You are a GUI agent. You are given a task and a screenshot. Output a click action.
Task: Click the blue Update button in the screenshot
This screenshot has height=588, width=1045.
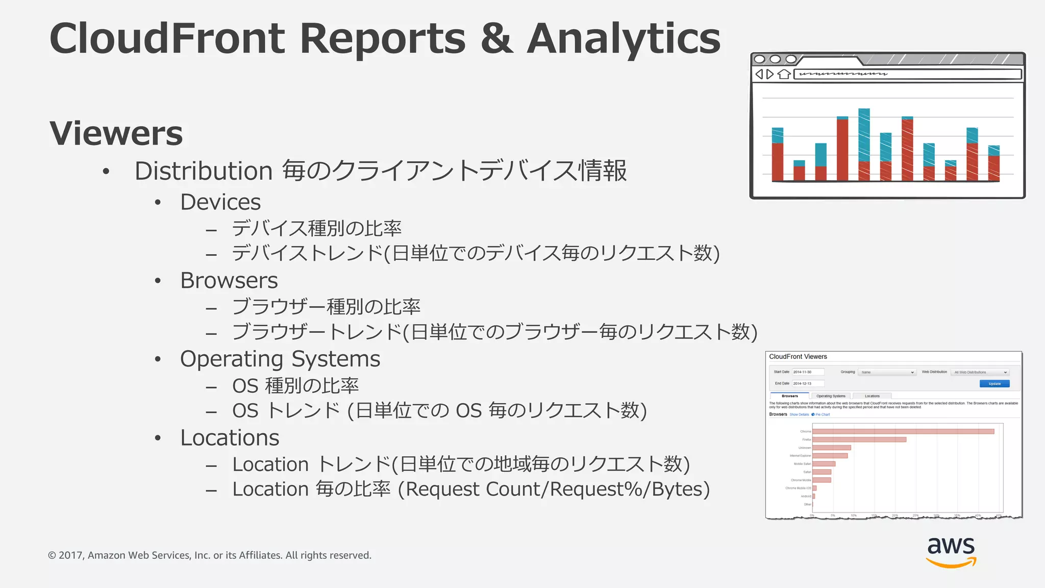(994, 384)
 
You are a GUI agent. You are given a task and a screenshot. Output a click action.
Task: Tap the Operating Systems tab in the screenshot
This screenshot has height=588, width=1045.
(831, 396)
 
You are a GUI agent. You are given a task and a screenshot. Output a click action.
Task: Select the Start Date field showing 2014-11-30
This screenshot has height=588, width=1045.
(808, 372)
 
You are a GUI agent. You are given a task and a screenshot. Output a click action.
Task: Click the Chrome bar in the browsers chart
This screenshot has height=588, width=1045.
(903, 432)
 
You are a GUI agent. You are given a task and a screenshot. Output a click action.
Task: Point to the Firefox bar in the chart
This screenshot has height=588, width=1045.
(859, 439)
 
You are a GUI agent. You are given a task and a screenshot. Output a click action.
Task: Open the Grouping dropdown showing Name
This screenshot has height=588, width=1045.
(887, 373)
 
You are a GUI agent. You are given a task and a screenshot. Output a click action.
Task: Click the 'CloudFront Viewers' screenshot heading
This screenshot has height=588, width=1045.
(798, 357)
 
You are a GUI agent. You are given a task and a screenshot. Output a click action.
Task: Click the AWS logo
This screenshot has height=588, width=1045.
(951, 552)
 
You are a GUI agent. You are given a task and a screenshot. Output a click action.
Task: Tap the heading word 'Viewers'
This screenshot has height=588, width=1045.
(116, 134)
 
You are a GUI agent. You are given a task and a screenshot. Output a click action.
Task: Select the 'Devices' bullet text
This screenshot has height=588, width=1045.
(220, 203)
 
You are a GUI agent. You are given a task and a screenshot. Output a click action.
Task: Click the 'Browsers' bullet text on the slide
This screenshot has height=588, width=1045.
(229, 281)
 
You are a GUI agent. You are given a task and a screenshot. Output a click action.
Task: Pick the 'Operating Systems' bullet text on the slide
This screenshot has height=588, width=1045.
(280, 359)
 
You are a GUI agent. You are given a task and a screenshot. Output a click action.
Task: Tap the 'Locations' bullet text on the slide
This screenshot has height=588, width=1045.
(230, 438)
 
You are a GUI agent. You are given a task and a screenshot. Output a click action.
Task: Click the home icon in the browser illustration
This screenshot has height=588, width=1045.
(784, 75)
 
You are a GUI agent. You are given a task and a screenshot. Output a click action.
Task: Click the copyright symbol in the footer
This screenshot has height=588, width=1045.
(52, 555)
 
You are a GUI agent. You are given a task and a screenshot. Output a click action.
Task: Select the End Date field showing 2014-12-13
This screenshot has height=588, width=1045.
(808, 383)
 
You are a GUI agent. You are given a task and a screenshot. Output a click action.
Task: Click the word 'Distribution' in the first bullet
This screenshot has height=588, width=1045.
(203, 171)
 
